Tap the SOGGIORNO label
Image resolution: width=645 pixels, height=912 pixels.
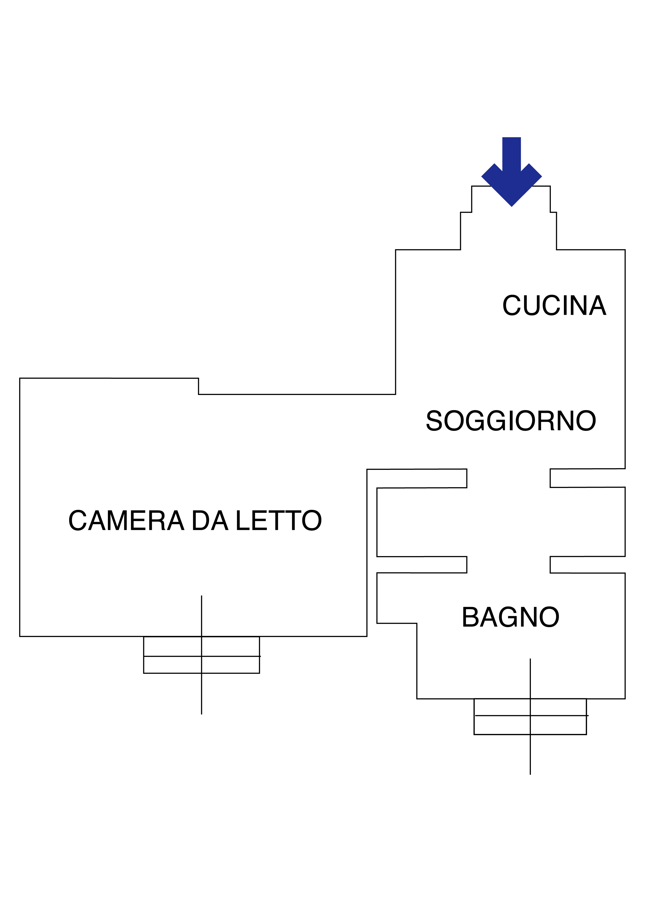click(511, 421)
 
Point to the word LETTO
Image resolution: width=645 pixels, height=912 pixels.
click(278, 521)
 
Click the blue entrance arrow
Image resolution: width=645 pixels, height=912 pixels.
click(512, 175)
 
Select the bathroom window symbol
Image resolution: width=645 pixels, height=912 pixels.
click(530, 716)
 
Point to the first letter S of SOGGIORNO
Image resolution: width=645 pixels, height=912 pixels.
click(434, 421)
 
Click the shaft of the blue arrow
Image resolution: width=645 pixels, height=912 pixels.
click(512, 153)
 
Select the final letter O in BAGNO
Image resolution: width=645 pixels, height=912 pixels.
click(549, 618)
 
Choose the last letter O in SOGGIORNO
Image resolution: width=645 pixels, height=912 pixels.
click(585, 421)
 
